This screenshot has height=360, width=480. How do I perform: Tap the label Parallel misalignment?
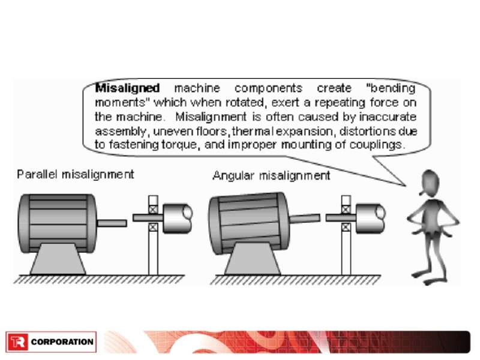click(76, 175)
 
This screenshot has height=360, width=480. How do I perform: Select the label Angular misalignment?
click(271, 176)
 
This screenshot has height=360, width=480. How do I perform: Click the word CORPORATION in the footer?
click(62, 343)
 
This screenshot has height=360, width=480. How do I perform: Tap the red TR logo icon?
click(17, 342)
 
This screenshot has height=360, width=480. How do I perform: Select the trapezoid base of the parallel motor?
click(58, 260)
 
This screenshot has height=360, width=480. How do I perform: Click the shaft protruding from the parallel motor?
click(112, 223)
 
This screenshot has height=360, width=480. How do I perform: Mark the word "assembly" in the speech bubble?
click(118, 131)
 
